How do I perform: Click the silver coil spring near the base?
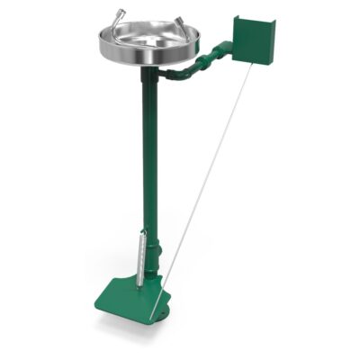pos(139,258)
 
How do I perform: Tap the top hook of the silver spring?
pos(141,233)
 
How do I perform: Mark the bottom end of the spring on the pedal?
pos(139,285)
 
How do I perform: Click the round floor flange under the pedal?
pos(160,312)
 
